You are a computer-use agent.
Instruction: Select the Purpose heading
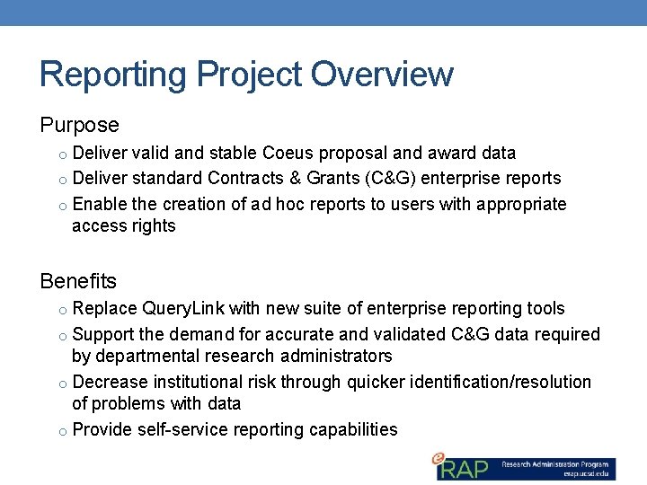[79, 125]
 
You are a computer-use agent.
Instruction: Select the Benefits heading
[78, 281]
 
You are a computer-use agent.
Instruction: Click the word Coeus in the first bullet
[288, 154]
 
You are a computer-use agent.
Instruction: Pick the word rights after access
[153, 226]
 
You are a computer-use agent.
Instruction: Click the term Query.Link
[182, 309]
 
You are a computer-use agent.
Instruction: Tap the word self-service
[182, 430]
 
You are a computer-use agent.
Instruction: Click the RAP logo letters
[465, 468]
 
